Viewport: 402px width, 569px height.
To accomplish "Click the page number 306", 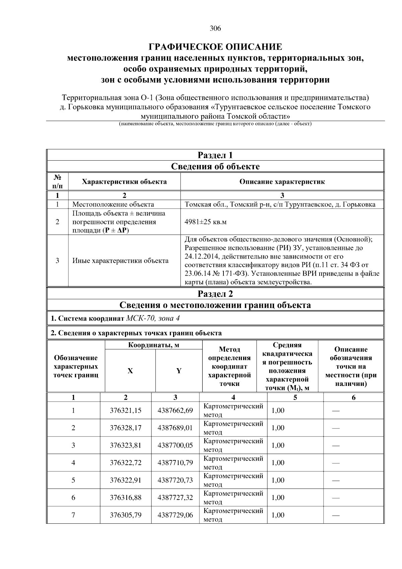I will (215, 29).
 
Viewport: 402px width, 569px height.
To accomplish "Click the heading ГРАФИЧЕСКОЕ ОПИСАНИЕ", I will (215, 46).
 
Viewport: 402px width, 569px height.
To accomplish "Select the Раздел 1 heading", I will (215, 155).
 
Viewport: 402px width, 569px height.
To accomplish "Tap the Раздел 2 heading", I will (215, 294).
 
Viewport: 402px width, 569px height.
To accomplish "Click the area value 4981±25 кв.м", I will (206, 222).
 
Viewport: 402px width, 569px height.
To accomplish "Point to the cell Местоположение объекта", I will (113, 205).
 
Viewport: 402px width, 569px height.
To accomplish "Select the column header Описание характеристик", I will (282, 182).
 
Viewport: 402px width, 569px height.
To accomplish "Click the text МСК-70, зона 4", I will (153, 318).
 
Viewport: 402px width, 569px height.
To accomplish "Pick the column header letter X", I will (130, 371).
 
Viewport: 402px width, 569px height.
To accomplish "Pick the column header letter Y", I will (179, 371).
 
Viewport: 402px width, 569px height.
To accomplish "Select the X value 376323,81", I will (126, 445).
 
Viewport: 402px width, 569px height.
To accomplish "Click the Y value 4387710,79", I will (175, 463).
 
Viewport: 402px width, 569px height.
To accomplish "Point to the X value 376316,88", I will (126, 498).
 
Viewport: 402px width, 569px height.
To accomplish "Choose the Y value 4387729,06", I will (175, 515).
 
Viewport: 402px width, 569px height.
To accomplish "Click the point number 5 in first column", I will (73, 480).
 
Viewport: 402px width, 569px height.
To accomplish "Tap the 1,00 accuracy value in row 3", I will (278, 445).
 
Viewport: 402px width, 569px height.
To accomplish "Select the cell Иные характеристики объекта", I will (121, 261).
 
